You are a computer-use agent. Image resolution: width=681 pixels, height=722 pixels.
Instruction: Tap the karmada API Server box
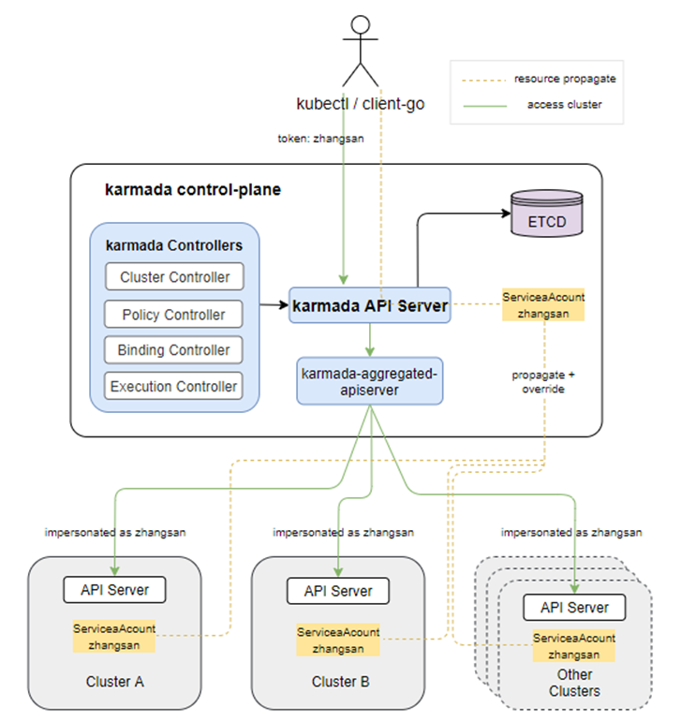pyautogui.click(x=371, y=305)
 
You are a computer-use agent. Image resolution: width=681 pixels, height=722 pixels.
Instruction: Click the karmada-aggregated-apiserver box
pyautogui.click(x=369, y=380)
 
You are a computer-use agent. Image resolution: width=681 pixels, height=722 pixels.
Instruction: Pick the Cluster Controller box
pyautogui.click(x=174, y=277)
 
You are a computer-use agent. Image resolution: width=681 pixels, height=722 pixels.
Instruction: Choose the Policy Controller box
pyautogui.click(x=174, y=314)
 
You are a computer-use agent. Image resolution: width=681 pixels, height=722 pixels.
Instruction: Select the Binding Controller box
pyautogui.click(x=174, y=349)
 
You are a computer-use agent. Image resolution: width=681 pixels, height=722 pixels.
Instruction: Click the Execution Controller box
pyautogui.click(x=174, y=385)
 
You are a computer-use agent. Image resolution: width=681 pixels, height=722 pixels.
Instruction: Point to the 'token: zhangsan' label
pyautogui.click(x=320, y=138)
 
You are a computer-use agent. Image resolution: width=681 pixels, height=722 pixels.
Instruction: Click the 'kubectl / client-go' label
pyautogui.click(x=361, y=104)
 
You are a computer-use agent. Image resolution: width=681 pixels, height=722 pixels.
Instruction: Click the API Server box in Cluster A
pyautogui.click(x=114, y=590)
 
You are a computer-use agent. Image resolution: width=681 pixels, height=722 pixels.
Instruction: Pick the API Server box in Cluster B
pyautogui.click(x=338, y=591)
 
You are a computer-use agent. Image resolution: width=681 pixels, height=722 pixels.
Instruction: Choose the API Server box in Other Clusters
pyautogui.click(x=574, y=607)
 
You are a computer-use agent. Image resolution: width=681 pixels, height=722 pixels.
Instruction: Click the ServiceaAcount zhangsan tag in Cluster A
pyautogui.click(x=114, y=637)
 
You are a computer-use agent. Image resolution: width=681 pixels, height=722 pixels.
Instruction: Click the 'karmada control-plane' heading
pyautogui.click(x=193, y=190)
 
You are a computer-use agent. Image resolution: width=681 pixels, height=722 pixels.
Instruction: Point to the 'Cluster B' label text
pyautogui.click(x=340, y=682)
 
